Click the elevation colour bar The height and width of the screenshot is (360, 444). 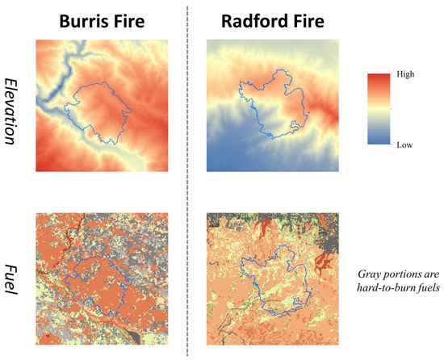(379, 109)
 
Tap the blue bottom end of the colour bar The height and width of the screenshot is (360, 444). (379, 142)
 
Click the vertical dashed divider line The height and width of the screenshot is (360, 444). (188, 178)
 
